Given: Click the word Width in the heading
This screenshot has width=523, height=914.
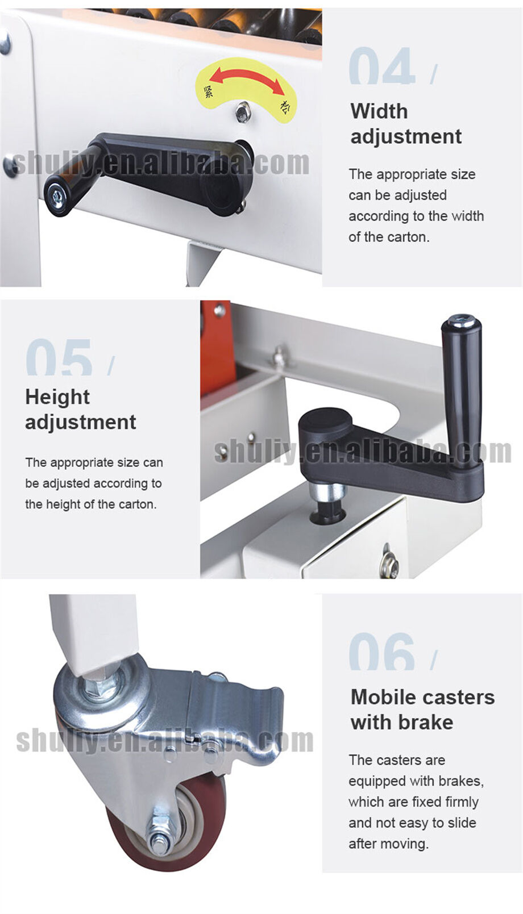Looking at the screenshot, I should (379, 111).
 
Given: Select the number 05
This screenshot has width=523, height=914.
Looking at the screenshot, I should (59, 357).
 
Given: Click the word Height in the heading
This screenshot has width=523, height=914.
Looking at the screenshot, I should (57, 397).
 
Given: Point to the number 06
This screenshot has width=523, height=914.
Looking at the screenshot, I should (381, 652).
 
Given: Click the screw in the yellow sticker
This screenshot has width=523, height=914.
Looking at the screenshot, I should (243, 112).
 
